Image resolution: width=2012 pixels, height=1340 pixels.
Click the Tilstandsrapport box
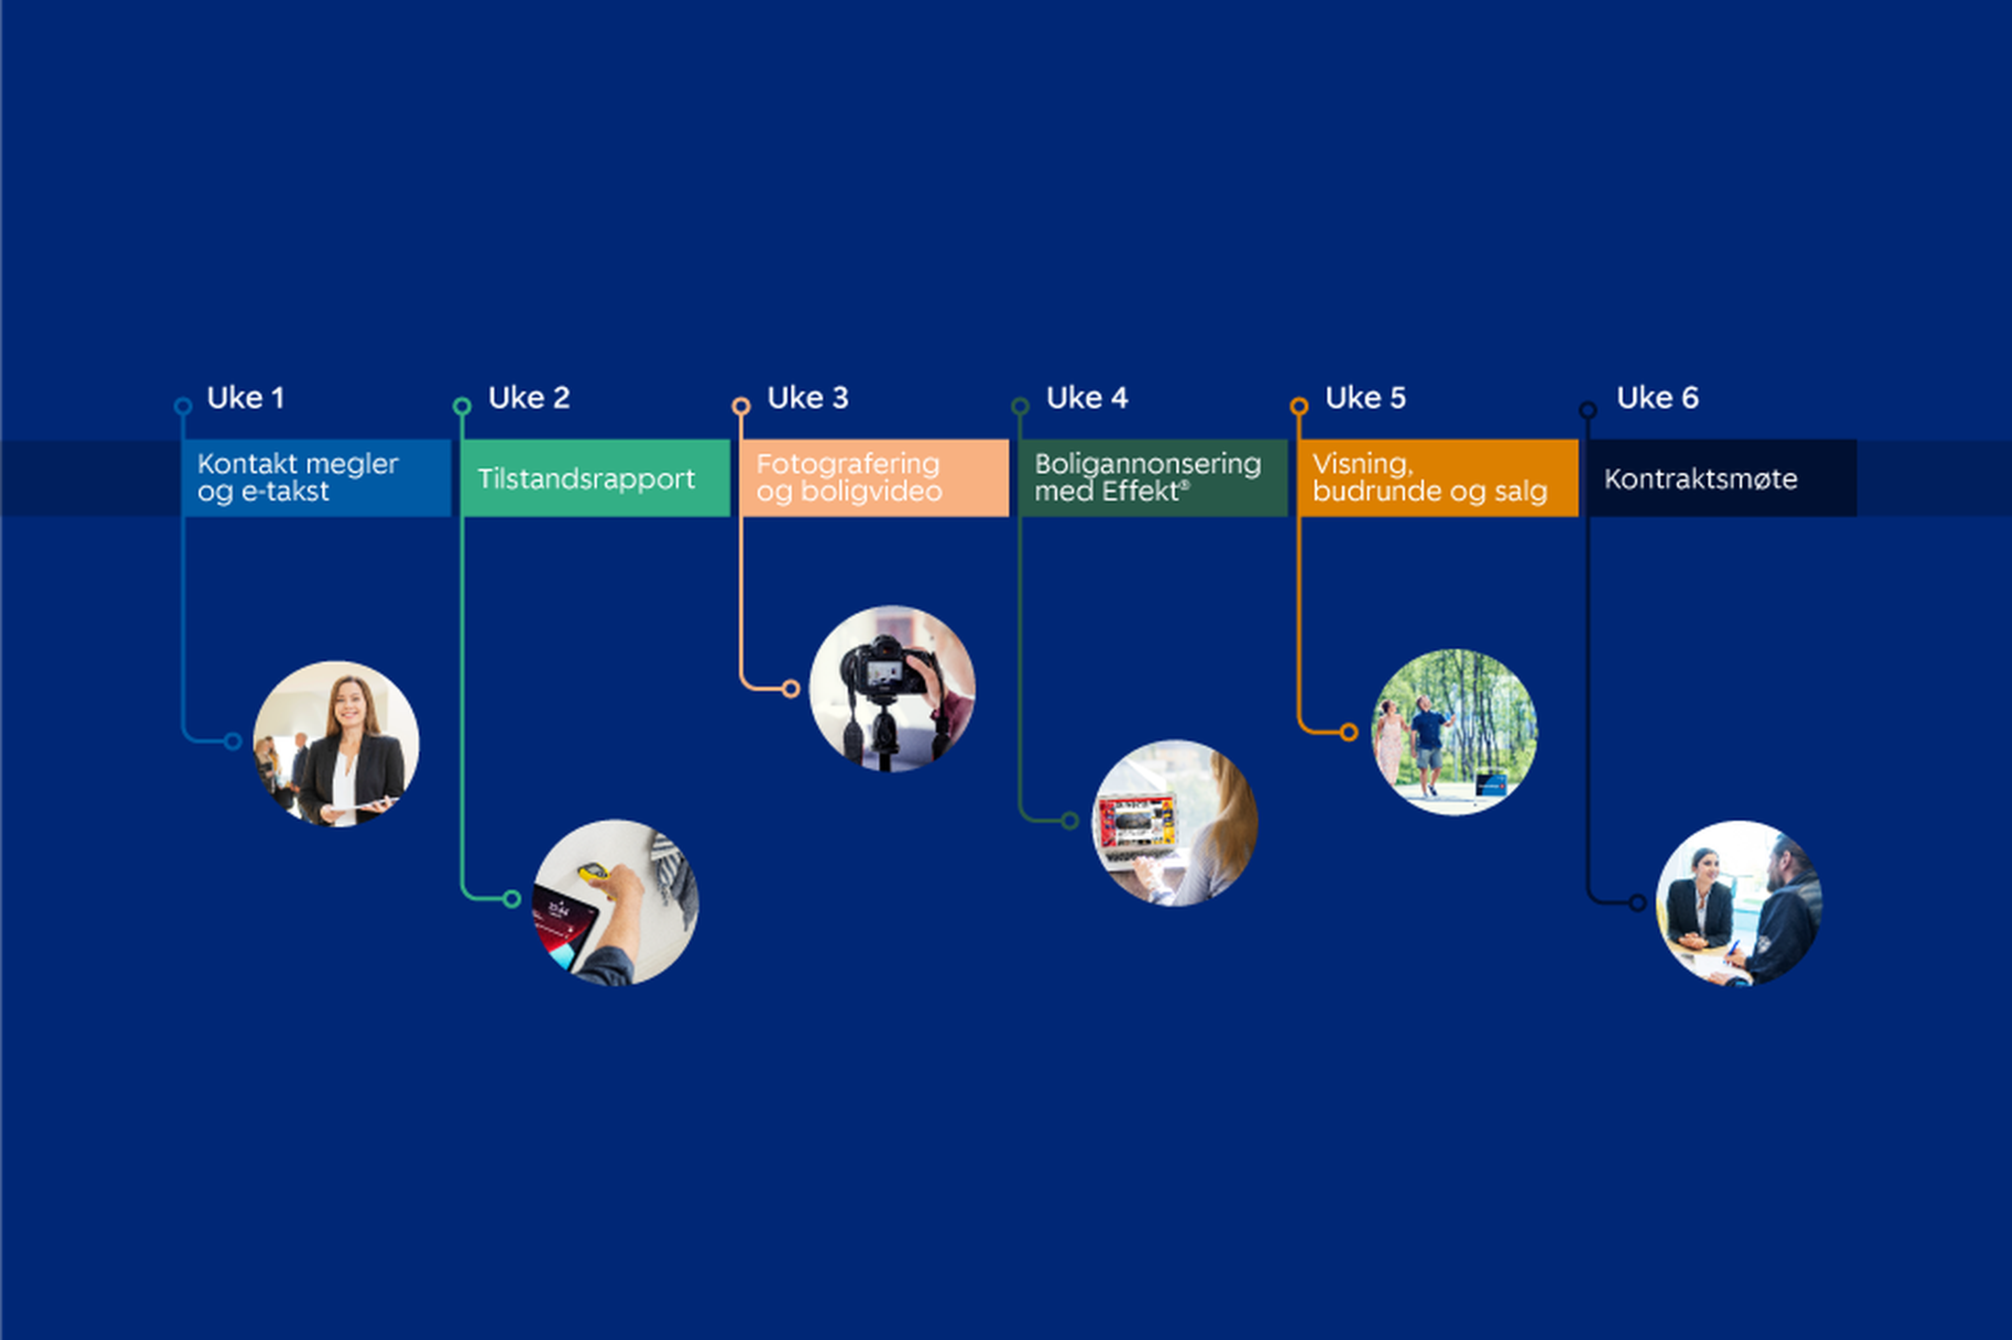[x=596, y=478]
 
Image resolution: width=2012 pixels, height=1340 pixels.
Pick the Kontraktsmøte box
[x=1722, y=478]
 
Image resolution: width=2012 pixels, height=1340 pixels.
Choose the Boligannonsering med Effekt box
[x=1153, y=478]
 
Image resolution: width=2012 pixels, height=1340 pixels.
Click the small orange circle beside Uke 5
[x=1298, y=407]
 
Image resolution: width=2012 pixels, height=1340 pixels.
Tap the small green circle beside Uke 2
[x=462, y=407]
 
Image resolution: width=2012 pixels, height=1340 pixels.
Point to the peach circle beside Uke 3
[x=741, y=407]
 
